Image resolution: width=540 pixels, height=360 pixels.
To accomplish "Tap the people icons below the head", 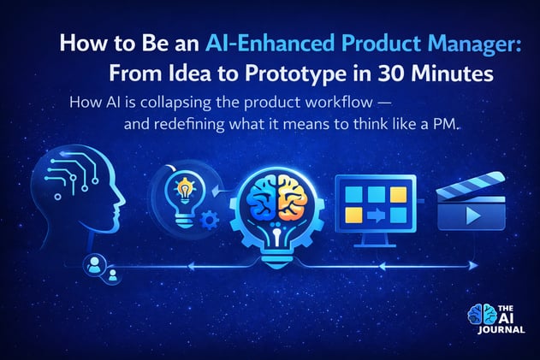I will (x=102, y=269).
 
